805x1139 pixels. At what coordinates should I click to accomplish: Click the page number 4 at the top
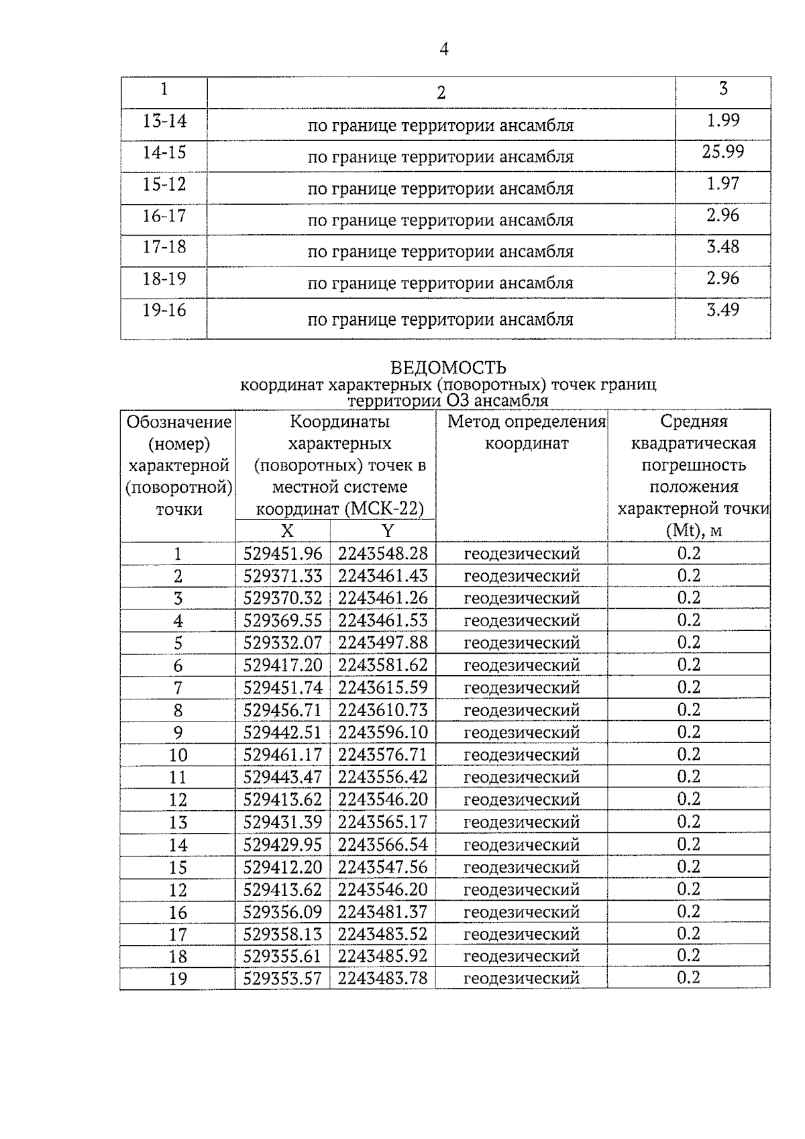point(443,49)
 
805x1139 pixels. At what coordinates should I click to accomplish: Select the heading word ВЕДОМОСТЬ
point(447,368)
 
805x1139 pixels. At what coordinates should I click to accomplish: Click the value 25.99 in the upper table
point(722,152)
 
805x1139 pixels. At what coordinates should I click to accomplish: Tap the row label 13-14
point(164,121)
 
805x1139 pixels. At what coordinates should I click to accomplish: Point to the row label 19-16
point(164,311)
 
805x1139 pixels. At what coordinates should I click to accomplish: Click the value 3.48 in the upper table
point(722,247)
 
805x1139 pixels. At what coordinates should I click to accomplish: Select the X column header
point(287,531)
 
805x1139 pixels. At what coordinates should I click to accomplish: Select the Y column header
point(388,531)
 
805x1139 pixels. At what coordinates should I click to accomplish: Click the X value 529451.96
point(282,554)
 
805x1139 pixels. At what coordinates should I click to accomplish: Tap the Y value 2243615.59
point(382,688)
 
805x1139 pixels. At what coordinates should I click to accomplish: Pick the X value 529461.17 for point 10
point(282,755)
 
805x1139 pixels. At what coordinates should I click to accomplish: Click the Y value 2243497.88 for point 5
point(382,643)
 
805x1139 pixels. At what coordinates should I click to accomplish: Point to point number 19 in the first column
point(178,979)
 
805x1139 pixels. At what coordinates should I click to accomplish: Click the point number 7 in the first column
point(178,688)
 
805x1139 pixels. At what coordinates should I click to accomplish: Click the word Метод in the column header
point(473,422)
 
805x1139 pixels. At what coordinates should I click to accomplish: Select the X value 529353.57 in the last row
point(282,979)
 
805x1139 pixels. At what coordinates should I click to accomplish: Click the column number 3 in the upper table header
point(722,89)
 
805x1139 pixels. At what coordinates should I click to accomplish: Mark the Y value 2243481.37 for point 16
point(382,911)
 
